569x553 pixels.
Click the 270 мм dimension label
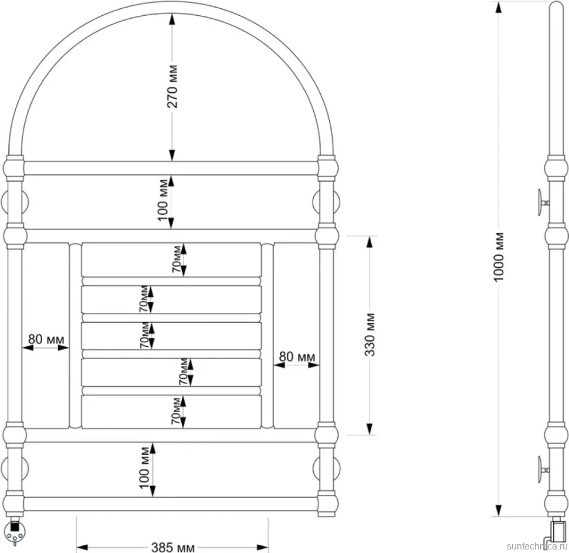point(172,86)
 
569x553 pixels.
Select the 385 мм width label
point(172,547)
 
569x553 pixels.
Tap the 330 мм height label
point(370,335)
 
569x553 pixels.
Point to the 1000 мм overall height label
point(499,257)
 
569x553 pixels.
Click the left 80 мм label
point(46,339)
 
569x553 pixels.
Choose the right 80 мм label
point(297,356)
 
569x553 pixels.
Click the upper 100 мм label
point(163,200)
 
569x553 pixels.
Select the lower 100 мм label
point(144,468)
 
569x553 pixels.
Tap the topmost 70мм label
point(177,259)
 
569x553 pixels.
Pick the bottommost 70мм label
point(176,411)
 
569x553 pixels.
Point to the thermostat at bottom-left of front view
point(15,530)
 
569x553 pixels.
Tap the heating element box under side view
point(558,531)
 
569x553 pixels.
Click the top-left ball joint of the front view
point(15,168)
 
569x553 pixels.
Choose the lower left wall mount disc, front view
point(15,470)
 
